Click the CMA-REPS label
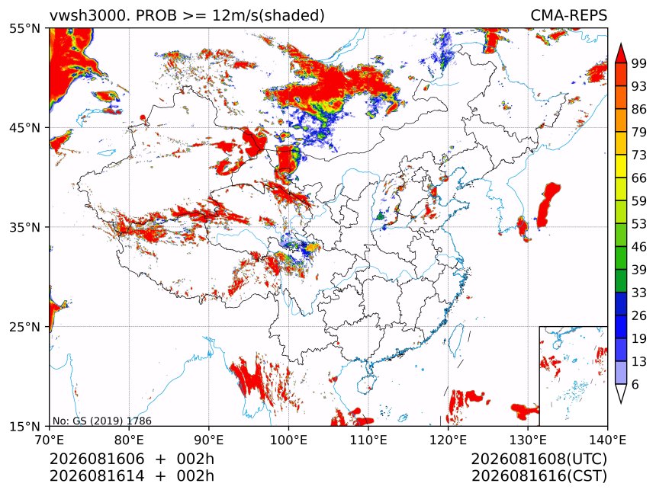[x=568, y=15]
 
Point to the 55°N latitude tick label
[x=25, y=28]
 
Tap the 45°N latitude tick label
[x=25, y=127]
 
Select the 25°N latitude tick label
[x=25, y=327]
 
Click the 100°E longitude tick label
[x=289, y=440]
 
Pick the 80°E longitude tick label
[x=129, y=440]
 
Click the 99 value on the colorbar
[x=639, y=63]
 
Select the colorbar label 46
[x=639, y=247]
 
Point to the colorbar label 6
[x=635, y=384]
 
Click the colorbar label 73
[x=639, y=155]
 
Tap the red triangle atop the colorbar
[x=621, y=53]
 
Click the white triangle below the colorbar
[x=621, y=392]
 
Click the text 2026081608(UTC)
[x=539, y=459]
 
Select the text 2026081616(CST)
[x=539, y=476]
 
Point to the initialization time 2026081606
[x=97, y=459]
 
